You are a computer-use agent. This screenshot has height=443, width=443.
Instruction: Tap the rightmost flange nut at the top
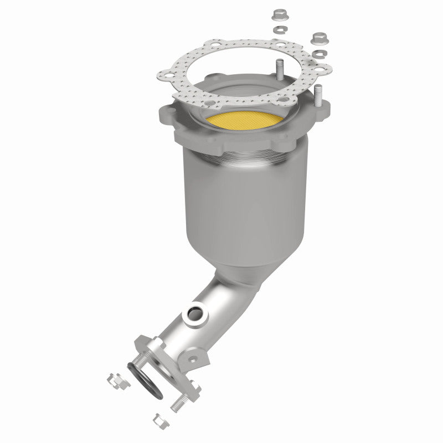[x=318, y=38]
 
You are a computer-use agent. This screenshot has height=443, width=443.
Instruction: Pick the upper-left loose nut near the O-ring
[x=114, y=381]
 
